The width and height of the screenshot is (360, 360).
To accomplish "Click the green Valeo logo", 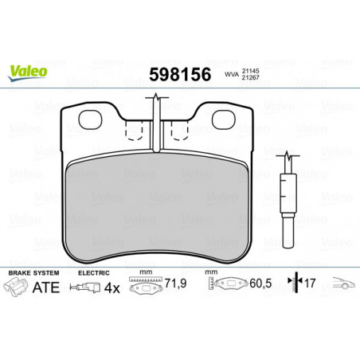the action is (28, 72).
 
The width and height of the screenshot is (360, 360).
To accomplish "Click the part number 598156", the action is (180, 74).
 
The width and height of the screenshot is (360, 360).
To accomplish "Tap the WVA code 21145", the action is (250, 72).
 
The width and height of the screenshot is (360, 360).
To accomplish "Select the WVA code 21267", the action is (250, 77).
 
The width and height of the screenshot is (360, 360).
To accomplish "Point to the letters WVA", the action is (232, 75).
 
